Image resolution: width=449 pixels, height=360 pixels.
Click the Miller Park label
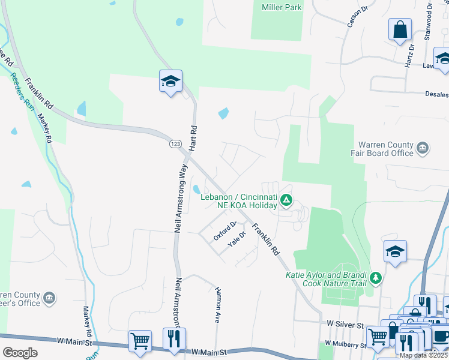tap(282, 7)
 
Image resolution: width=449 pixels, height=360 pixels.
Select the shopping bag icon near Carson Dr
tap(399, 30)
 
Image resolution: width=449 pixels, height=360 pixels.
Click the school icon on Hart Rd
tap(170, 81)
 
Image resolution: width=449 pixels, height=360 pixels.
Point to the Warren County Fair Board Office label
tap(386, 149)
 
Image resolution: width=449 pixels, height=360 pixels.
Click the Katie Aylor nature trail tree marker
tap(376, 277)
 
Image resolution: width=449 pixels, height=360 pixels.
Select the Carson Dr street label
tap(357, 18)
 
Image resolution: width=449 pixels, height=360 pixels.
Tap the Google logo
tap(20, 353)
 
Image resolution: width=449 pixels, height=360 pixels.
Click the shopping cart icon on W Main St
tap(140, 340)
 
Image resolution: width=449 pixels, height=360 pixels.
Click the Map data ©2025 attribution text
tap(423, 355)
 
